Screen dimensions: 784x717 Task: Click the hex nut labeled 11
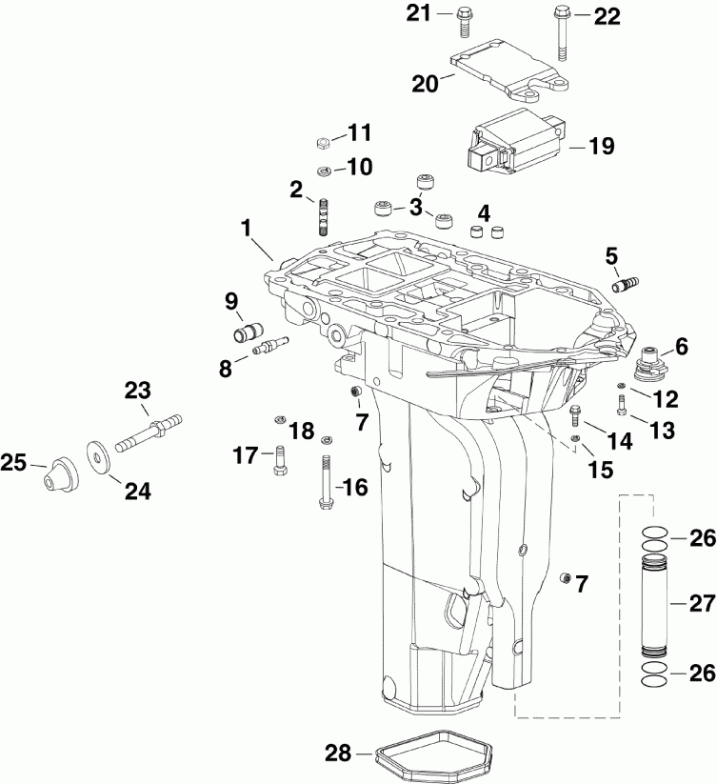[322, 143]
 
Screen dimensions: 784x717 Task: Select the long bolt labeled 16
[323, 482]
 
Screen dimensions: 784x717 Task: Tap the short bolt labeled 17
[281, 462]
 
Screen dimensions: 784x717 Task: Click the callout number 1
[246, 229]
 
